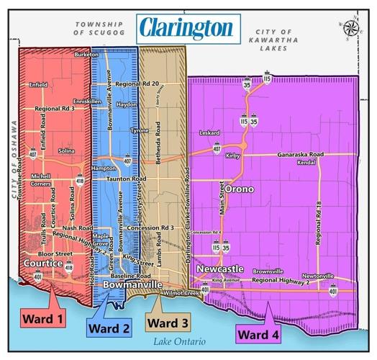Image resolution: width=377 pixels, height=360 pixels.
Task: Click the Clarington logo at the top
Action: click(x=186, y=29)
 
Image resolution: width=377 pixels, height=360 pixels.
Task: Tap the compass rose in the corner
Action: click(x=351, y=27)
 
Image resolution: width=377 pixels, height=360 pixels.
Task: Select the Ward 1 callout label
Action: click(x=42, y=318)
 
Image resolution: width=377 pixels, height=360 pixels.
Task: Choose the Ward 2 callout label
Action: click(x=109, y=328)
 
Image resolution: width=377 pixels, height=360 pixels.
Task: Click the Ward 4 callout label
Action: click(x=260, y=333)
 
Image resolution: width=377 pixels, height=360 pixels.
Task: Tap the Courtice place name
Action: click(x=43, y=264)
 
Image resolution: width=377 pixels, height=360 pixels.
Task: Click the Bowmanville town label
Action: click(x=132, y=286)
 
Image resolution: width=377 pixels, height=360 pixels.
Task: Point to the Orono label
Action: click(x=239, y=189)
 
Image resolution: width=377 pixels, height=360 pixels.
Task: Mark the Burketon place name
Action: click(x=86, y=55)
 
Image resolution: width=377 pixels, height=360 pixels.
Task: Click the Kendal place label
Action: click(x=306, y=163)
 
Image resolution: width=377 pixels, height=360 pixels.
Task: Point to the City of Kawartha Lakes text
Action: click(x=281, y=35)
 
